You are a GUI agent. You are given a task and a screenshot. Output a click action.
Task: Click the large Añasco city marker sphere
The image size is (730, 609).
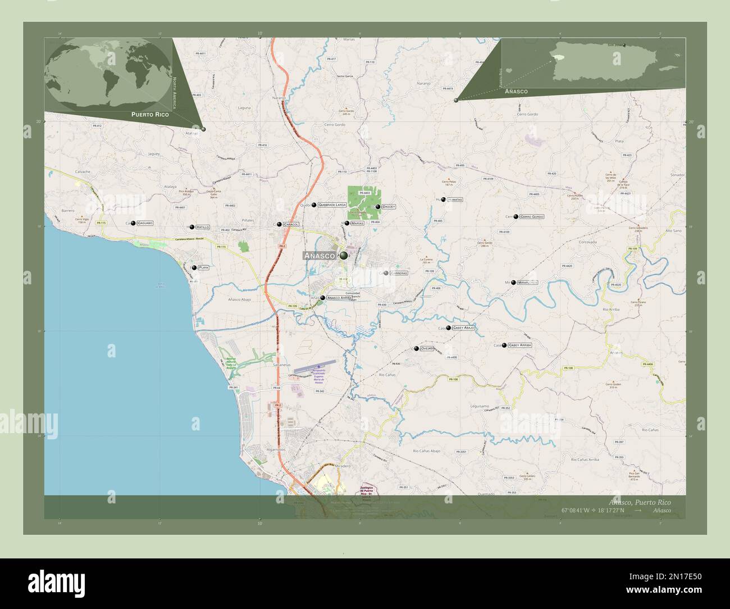(x=343, y=256)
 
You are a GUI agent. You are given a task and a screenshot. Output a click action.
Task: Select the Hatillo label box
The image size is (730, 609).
(x=203, y=227)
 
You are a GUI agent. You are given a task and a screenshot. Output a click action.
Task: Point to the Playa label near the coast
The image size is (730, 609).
(x=203, y=267)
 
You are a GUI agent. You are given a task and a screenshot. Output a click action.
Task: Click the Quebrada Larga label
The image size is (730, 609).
(x=331, y=205)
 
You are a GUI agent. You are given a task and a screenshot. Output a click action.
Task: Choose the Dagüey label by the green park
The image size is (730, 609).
(x=389, y=207)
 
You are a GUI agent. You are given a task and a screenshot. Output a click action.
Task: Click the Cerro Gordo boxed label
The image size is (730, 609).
(x=531, y=216)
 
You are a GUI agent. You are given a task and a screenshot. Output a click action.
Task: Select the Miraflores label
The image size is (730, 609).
(x=528, y=282)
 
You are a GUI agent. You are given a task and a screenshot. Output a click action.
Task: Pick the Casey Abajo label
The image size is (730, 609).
(x=464, y=327)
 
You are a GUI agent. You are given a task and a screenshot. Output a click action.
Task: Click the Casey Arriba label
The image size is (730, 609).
(x=519, y=345)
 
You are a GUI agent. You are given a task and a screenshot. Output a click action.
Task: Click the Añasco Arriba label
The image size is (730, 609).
(x=339, y=298)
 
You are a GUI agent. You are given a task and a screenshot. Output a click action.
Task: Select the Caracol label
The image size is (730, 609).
(x=291, y=224)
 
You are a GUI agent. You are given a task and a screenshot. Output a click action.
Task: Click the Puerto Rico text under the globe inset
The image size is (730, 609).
(x=150, y=114)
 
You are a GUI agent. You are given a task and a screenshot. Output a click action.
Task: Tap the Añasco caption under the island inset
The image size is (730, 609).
(x=515, y=91)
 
